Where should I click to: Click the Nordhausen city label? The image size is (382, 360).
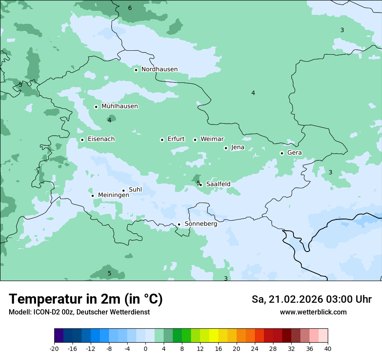[159, 69]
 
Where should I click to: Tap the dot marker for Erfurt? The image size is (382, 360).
[162, 140]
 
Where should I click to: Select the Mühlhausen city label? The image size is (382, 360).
[119, 106]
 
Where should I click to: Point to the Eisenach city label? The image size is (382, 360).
[101, 139]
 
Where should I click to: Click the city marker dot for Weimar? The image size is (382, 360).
[195, 140]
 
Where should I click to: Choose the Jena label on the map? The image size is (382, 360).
[237, 147]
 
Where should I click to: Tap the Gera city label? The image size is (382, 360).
[294, 153]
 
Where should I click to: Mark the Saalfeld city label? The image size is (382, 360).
[218, 184]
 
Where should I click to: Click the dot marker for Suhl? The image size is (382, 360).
[123, 190]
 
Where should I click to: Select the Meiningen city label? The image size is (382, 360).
[113, 195]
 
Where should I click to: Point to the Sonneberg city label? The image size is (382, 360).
[201, 224]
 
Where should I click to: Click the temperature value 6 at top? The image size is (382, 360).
[130, 8]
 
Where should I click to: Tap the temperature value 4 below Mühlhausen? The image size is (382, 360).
[109, 120]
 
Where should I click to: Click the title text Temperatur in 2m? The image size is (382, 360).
[86, 299]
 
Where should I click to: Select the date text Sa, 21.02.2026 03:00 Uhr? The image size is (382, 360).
[311, 299]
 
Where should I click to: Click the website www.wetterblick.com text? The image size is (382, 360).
[313, 312]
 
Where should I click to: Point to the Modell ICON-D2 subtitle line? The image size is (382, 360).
[79, 312]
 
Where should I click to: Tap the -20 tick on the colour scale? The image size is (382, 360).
[54, 348]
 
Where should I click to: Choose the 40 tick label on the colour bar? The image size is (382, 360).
[328, 348]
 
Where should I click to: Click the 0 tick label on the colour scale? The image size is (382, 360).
[145, 348]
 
